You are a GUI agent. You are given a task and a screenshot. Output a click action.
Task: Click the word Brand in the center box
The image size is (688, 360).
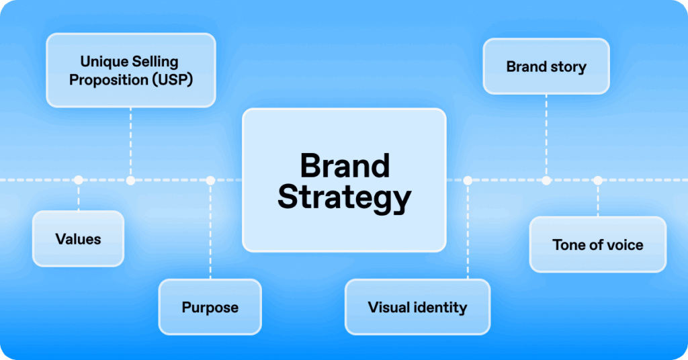tap(344, 166)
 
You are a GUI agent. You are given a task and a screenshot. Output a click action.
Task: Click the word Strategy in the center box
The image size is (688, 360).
tap(344, 197)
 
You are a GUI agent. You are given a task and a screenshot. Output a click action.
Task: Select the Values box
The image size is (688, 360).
tap(79, 238)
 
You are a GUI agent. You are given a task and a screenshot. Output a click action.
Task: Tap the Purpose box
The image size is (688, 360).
tap(210, 307)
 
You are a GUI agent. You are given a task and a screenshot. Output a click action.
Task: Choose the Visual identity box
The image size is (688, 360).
tap(417, 307)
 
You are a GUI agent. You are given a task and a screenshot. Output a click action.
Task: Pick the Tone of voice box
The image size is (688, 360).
tap(597, 244)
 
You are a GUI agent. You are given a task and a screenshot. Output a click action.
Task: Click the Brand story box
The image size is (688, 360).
tap(546, 66)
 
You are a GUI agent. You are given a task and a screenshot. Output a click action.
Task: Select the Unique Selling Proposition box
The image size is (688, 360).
tap(130, 71)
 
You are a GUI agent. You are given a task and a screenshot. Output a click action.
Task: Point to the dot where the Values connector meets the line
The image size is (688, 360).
tap(79, 180)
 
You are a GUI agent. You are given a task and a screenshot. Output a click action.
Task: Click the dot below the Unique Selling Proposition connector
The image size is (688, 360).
tap(130, 180)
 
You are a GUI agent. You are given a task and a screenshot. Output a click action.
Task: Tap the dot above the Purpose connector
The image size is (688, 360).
tap(210, 180)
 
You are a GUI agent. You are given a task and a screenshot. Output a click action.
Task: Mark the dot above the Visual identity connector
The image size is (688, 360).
tap(468, 180)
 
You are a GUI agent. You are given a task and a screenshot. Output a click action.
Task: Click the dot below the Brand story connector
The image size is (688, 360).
tap(546, 180)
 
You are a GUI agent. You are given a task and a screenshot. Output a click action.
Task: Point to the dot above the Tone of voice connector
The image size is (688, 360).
tap(598, 180)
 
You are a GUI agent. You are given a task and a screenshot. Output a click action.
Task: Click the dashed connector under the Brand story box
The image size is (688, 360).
tap(546, 134)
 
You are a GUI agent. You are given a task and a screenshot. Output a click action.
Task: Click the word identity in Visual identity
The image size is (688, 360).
tap(441, 308)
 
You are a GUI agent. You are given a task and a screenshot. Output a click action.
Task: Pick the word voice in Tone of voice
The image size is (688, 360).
tap(625, 245)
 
